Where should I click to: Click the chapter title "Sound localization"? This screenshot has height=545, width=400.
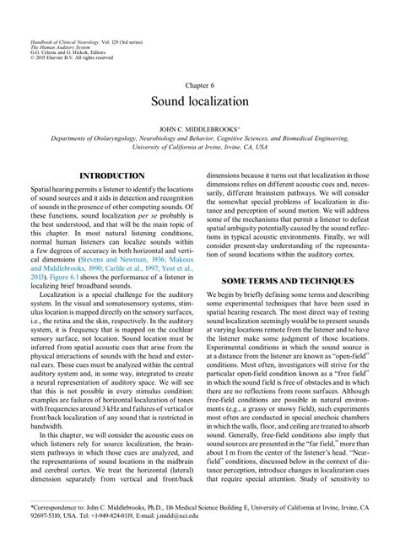click(x=200, y=101)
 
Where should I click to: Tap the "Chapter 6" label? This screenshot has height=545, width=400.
click(x=200, y=85)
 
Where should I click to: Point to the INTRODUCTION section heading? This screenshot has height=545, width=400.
click(x=111, y=175)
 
